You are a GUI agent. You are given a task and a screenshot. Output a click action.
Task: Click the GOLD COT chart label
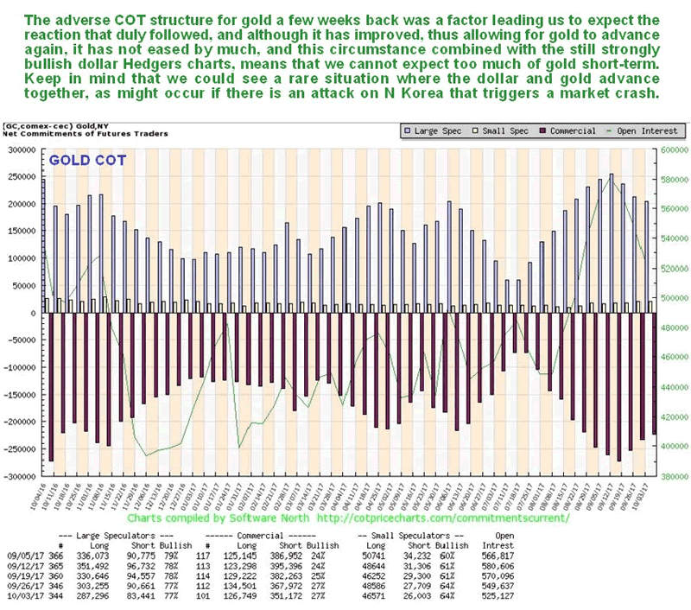coord(86,161)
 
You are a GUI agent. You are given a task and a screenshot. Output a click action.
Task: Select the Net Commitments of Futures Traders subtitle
coord(85,133)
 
